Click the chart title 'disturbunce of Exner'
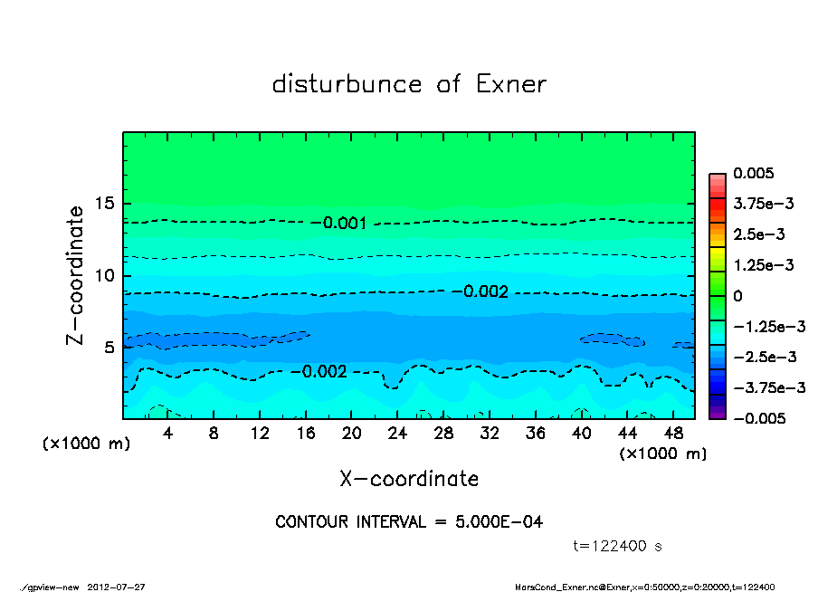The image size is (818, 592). pyautogui.click(x=409, y=84)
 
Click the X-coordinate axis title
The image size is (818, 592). pyautogui.click(x=409, y=478)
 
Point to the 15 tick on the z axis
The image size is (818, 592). pyautogui.click(x=106, y=204)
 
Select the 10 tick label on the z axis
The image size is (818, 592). pyautogui.click(x=106, y=275)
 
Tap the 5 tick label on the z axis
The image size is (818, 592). pyautogui.click(x=110, y=348)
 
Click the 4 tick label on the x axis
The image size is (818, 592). pyautogui.click(x=167, y=434)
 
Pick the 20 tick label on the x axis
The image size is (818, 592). pyautogui.click(x=352, y=434)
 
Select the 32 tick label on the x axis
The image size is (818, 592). pyautogui.click(x=490, y=434)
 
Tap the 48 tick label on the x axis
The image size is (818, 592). pyautogui.click(x=673, y=434)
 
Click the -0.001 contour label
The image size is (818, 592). pyautogui.click(x=345, y=223)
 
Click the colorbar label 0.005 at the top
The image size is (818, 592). pyautogui.click(x=753, y=173)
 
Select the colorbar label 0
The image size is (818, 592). pyautogui.click(x=737, y=296)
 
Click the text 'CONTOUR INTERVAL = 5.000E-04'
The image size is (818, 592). pyautogui.click(x=409, y=522)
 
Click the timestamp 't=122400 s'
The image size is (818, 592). pyautogui.click(x=618, y=546)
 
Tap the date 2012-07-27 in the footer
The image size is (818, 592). pyautogui.click(x=116, y=587)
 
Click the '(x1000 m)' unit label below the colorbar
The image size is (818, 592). pyautogui.click(x=662, y=454)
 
